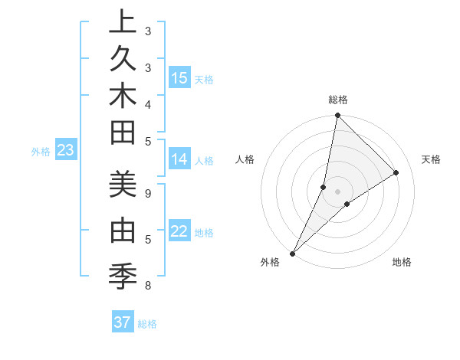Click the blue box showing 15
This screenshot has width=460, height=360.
pos(179,78)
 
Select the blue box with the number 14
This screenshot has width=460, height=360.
pos(179,159)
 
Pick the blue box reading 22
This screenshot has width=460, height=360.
pos(179,231)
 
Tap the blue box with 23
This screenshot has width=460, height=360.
pos(66,151)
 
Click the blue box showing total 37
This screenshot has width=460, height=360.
pos(123,322)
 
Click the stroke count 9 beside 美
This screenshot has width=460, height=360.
pos(148,192)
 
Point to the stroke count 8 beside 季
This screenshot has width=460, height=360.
pos(148,286)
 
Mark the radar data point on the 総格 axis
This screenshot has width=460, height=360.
pos(337,116)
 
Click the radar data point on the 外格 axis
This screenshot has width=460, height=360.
pos(293,253)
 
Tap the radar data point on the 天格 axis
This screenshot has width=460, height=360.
pos(396,173)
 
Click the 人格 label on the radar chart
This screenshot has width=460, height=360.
pos(245,159)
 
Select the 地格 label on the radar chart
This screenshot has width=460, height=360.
pos(402,262)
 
